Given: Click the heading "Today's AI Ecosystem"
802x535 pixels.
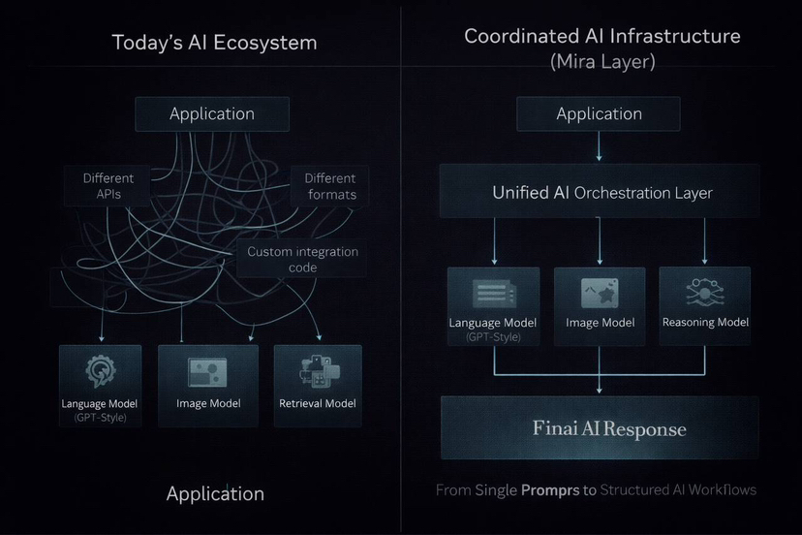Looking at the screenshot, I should click(x=214, y=43).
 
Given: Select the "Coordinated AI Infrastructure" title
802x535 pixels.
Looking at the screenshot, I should click(x=601, y=36).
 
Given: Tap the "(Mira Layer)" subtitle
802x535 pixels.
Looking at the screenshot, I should click(x=601, y=63).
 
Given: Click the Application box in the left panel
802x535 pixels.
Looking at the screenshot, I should click(x=212, y=113).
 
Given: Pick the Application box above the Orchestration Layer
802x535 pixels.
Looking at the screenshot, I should click(x=599, y=113).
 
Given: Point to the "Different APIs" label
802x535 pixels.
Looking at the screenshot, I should click(x=108, y=186).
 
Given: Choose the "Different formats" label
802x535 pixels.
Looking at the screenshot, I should click(x=330, y=186).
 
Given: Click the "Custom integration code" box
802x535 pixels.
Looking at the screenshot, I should click(x=302, y=260).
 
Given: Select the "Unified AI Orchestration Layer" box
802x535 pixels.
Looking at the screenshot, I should click(x=601, y=192).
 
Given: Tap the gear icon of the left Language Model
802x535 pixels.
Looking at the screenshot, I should click(x=100, y=372).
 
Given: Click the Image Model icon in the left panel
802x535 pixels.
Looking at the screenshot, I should click(x=207, y=372).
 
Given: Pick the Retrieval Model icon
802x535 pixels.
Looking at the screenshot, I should click(x=317, y=372).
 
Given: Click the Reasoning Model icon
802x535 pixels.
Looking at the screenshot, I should click(x=704, y=292).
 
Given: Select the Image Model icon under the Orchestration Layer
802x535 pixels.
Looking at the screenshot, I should click(x=599, y=293).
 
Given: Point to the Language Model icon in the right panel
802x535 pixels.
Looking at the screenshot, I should click(x=493, y=293).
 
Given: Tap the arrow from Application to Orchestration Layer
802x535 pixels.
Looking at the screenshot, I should click(x=599, y=146).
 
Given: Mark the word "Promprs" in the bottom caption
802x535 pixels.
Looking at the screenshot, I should click(x=550, y=490).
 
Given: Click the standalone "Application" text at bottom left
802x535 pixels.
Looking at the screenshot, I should click(x=215, y=493).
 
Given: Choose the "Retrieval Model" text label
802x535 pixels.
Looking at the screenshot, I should click(x=318, y=403).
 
